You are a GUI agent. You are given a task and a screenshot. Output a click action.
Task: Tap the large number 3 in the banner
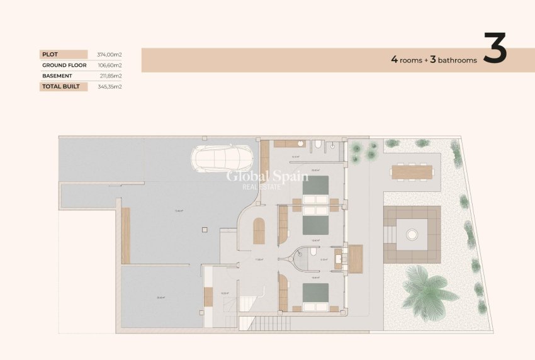coord(495,49)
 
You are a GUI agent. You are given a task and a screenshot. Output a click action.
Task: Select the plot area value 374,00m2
coord(109,55)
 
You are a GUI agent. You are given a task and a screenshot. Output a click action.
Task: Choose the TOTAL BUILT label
coord(61,86)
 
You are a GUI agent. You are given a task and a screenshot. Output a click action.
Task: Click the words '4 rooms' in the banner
coord(406,60)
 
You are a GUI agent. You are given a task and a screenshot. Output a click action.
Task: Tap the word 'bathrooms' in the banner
coord(458,60)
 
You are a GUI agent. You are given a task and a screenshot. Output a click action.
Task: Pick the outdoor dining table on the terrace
coord(412,171)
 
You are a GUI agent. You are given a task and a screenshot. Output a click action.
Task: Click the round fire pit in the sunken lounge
coord(412,235)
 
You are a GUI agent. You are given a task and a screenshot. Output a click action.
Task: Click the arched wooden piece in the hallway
coord(259,231)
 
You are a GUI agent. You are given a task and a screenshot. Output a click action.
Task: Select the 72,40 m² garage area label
coord(179,211)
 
